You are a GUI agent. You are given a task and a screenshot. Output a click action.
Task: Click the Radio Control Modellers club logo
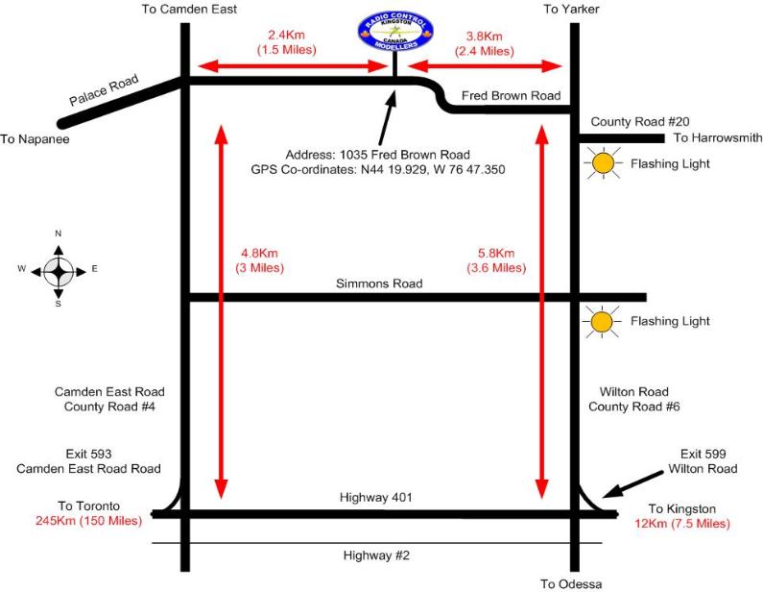pos(395,32)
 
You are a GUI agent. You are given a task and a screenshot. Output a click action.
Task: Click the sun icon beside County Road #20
pos(602,164)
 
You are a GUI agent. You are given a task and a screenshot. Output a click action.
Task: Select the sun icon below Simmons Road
pos(602,322)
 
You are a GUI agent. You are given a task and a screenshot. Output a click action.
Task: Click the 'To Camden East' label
pos(189,9)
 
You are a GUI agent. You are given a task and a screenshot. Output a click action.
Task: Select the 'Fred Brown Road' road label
pos(511,96)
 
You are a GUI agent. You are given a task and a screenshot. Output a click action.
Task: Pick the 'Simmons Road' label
pos(379,284)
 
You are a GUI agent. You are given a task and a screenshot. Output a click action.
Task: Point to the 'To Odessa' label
pos(570,583)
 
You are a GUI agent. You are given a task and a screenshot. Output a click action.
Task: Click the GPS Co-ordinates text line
pos(395,169)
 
